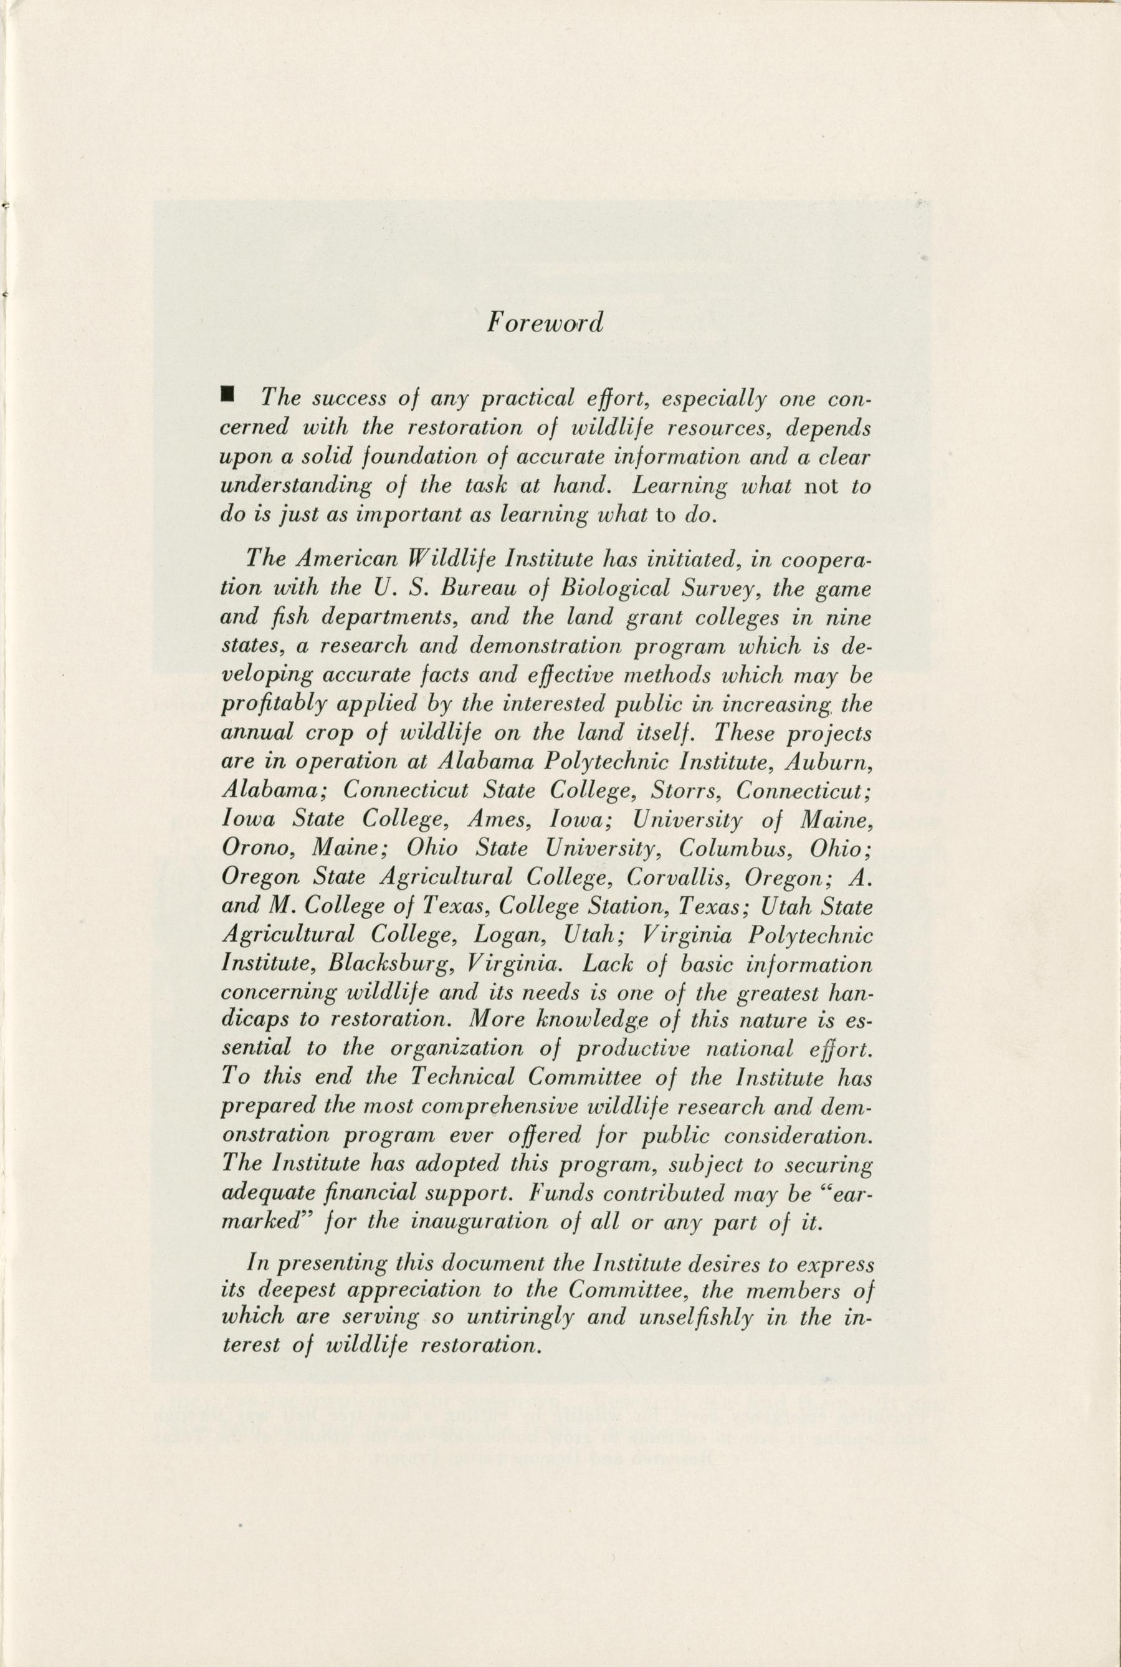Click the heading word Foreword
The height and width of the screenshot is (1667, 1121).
pos(545,323)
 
